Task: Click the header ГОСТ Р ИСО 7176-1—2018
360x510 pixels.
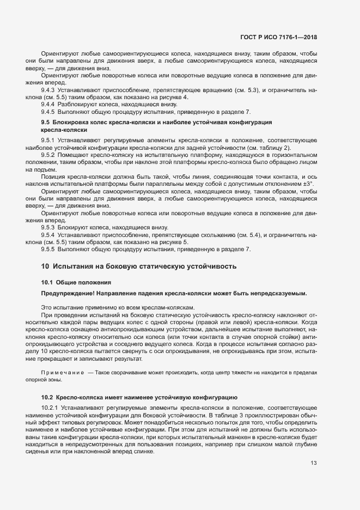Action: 278,37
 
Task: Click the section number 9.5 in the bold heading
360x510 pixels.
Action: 45,123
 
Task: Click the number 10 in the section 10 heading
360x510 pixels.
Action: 45,267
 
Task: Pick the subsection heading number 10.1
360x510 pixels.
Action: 47,282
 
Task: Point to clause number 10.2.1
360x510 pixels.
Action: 51,408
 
